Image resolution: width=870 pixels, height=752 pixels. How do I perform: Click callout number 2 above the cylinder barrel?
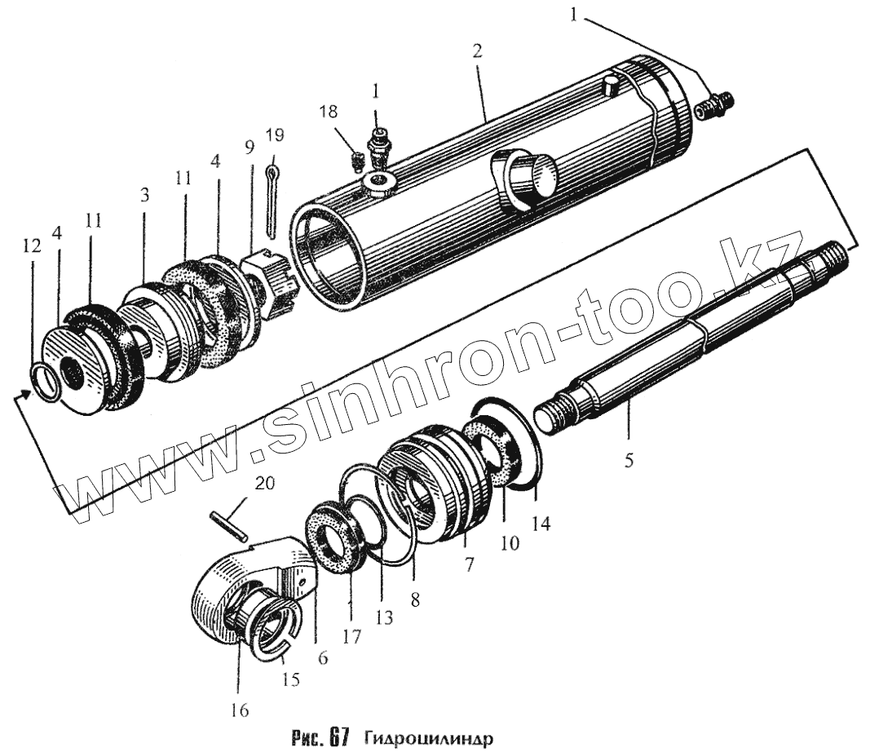(477, 51)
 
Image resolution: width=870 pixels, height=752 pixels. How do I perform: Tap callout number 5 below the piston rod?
(629, 459)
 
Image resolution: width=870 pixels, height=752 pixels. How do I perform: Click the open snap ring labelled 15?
(274, 637)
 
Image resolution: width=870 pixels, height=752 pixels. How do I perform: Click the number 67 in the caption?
(340, 738)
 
